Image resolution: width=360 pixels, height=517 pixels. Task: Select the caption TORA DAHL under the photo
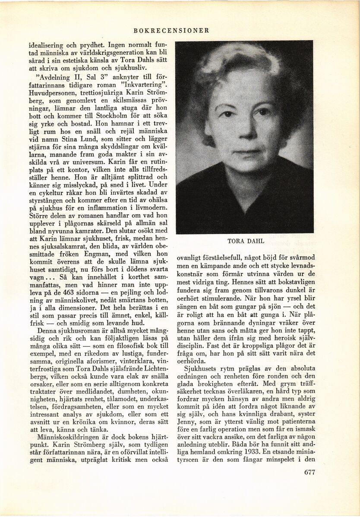pos(245,241)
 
